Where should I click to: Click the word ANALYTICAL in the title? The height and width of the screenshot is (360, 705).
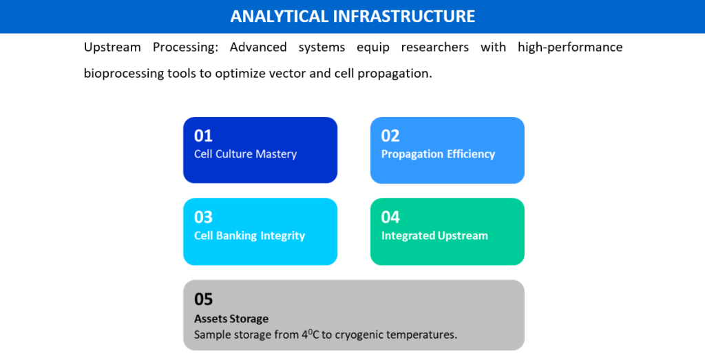[279, 17]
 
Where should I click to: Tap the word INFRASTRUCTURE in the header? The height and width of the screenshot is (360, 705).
[404, 17]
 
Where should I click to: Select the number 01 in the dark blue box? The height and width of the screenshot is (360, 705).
[203, 136]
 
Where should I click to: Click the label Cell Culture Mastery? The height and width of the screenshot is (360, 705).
[246, 154]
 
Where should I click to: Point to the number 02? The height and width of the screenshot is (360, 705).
[390, 136]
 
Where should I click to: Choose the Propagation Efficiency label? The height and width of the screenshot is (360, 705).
[438, 154]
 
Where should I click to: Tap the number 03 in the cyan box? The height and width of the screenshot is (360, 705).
[203, 217]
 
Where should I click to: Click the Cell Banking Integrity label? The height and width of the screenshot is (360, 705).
[249, 235]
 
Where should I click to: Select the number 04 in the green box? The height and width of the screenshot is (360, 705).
[390, 217]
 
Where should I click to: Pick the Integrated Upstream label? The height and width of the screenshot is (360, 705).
[434, 235]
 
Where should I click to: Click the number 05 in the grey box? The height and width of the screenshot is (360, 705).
[203, 299]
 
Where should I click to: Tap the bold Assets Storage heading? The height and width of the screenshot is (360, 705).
[231, 319]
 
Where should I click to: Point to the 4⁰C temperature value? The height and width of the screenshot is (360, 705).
[311, 335]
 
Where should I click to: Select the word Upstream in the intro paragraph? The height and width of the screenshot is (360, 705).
[112, 47]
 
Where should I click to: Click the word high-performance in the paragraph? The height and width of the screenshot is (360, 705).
[570, 47]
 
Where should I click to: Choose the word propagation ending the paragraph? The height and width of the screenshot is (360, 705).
[394, 74]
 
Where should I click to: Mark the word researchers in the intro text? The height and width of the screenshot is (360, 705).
[435, 47]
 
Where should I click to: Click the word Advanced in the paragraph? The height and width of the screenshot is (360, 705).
[258, 47]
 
